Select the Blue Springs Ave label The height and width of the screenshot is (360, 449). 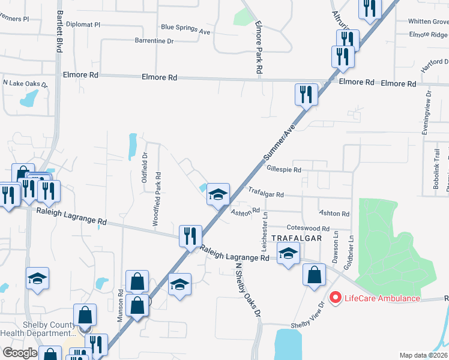(x=185, y=28)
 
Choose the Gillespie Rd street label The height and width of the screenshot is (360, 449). (x=283, y=170)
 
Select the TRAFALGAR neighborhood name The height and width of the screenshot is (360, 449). (x=297, y=238)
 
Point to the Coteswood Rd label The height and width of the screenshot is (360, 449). (x=308, y=229)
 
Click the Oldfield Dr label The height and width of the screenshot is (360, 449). (x=145, y=172)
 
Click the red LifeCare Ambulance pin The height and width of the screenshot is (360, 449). (x=334, y=296)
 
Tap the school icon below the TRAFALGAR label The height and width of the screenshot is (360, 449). (x=289, y=254)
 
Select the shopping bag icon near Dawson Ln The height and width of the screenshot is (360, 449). (x=315, y=275)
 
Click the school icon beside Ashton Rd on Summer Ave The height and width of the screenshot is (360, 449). (x=218, y=194)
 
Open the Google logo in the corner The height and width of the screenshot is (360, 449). (x=20, y=353)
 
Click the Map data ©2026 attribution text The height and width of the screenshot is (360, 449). (x=424, y=355)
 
